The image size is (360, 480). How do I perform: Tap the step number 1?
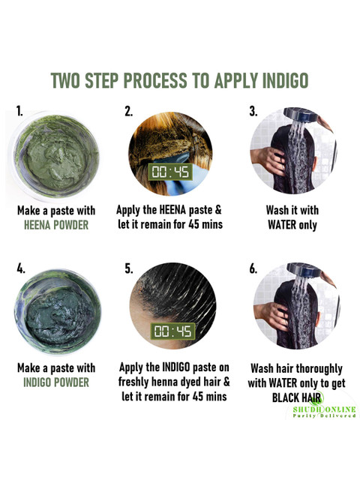[19, 111]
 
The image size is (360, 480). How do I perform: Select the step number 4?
[21, 268]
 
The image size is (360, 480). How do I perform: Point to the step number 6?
[253, 268]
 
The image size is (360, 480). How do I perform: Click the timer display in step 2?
[170, 172]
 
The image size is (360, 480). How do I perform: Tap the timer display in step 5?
[173, 331]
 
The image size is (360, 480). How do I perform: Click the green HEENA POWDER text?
[56, 225]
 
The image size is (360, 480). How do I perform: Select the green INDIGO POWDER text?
[56, 382]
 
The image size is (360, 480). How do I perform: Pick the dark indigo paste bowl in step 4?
[58, 312]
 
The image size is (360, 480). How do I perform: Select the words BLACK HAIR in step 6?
[296, 397]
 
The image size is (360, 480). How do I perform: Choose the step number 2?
[128, 111]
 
